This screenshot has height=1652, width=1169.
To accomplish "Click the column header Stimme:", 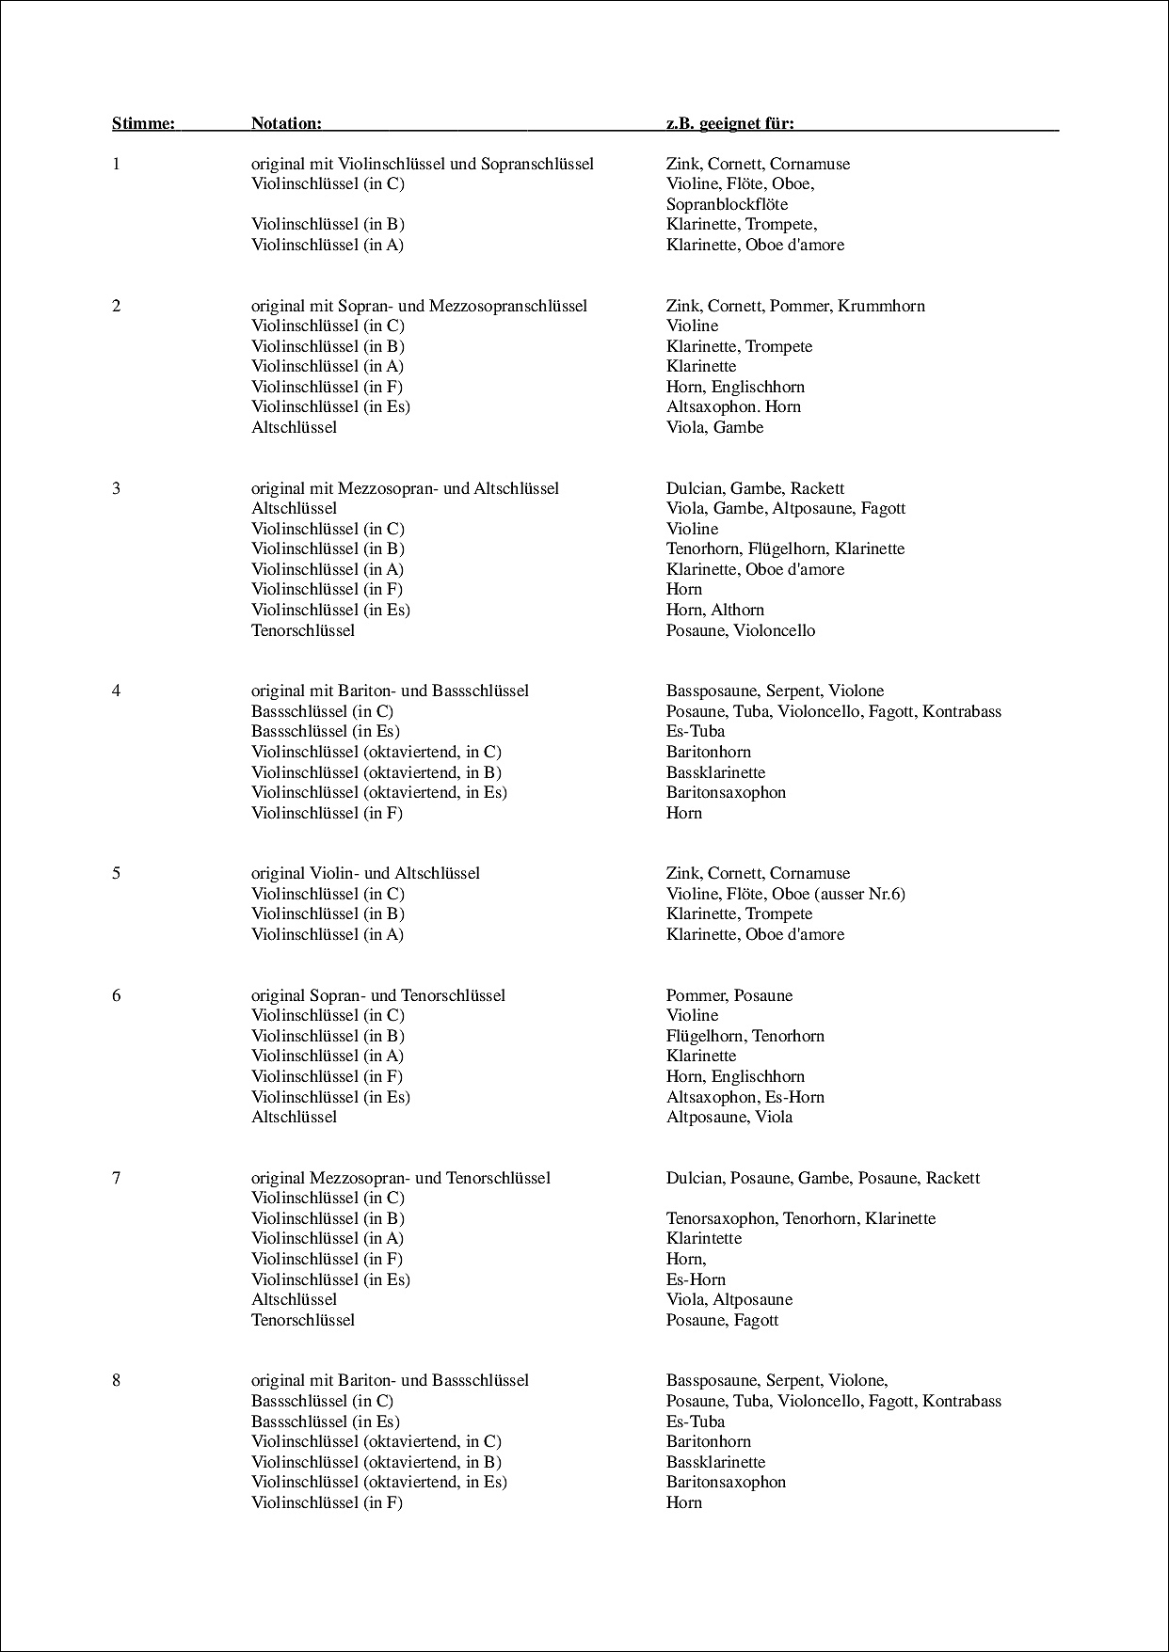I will [x=143, y=123].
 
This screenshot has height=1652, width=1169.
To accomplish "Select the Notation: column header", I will [x=286, y=123].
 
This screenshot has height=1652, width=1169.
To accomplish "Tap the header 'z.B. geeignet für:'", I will [x=729, y=123].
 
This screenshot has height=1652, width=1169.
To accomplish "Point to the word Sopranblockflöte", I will [x=727, y=204].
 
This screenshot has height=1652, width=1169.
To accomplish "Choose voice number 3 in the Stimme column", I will [x=117, y=488].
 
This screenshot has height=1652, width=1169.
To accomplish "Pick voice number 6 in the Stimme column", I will [x=117, y=995].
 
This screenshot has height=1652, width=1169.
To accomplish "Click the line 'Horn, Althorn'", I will [x=714, y=610].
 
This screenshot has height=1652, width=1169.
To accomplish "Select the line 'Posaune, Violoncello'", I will [x=740, y=630].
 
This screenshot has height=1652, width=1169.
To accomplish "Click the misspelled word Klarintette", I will [x=704, y=1238].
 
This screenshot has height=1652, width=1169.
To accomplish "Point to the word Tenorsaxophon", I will [x=720, y=1218].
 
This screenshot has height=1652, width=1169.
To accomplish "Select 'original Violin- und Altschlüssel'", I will [x=365, y=873].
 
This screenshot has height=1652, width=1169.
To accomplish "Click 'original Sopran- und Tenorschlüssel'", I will [x=377, y=995].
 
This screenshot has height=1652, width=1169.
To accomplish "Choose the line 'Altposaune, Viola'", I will [x=729, y=1117].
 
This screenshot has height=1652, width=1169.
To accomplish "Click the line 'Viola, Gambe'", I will [x=714, y=427].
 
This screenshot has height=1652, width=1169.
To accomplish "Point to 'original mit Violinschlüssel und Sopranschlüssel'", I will [x=423, y=164].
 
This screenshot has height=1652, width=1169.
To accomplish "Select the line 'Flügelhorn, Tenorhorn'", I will [x=745, y=1036].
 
